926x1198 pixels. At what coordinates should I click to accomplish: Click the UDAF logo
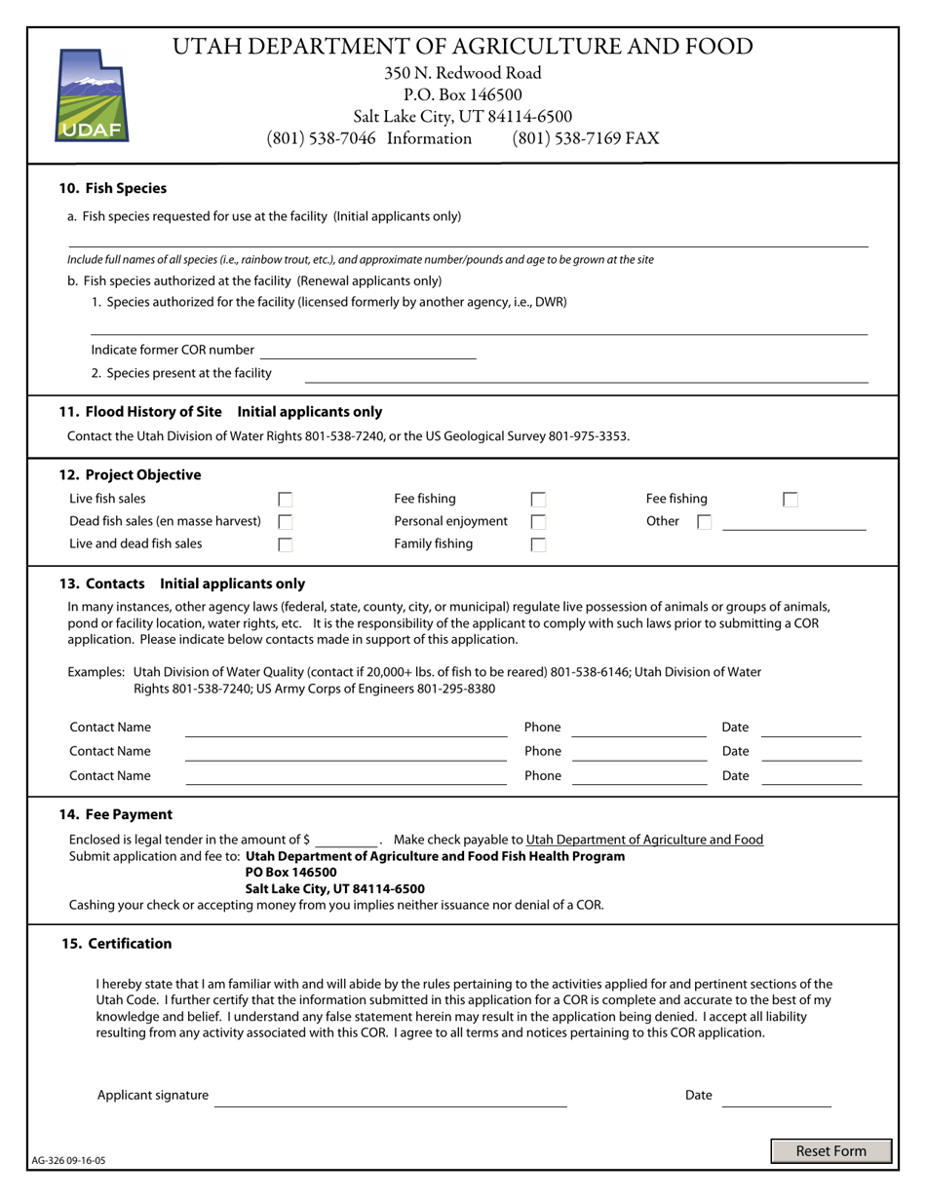point(93,95)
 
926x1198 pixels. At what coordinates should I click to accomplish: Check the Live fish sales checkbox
point(286,500)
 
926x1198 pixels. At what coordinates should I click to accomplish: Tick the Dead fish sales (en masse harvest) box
point(286,522)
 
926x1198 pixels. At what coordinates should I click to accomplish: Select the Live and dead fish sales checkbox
point(286,544)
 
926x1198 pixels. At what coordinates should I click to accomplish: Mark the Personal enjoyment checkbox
point(538,522)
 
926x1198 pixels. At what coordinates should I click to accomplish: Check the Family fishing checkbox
point(538,544)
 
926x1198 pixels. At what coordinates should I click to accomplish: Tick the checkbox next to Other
point(704,522)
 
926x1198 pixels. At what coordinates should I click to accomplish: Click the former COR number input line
point(367,351)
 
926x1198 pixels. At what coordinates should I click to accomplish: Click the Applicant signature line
point(390,1097)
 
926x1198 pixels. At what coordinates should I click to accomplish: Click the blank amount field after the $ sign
point(346,840)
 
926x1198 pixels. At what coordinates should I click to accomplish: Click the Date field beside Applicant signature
point(776,1097)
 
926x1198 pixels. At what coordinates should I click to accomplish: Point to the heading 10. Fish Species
point(113,188)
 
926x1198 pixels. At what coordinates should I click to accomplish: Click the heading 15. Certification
point(116,943)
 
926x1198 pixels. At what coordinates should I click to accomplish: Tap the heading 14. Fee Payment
point(116,814)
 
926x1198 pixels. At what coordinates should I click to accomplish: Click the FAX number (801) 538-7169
point(585,138)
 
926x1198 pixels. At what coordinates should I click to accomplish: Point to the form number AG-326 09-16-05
point(69,1161)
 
